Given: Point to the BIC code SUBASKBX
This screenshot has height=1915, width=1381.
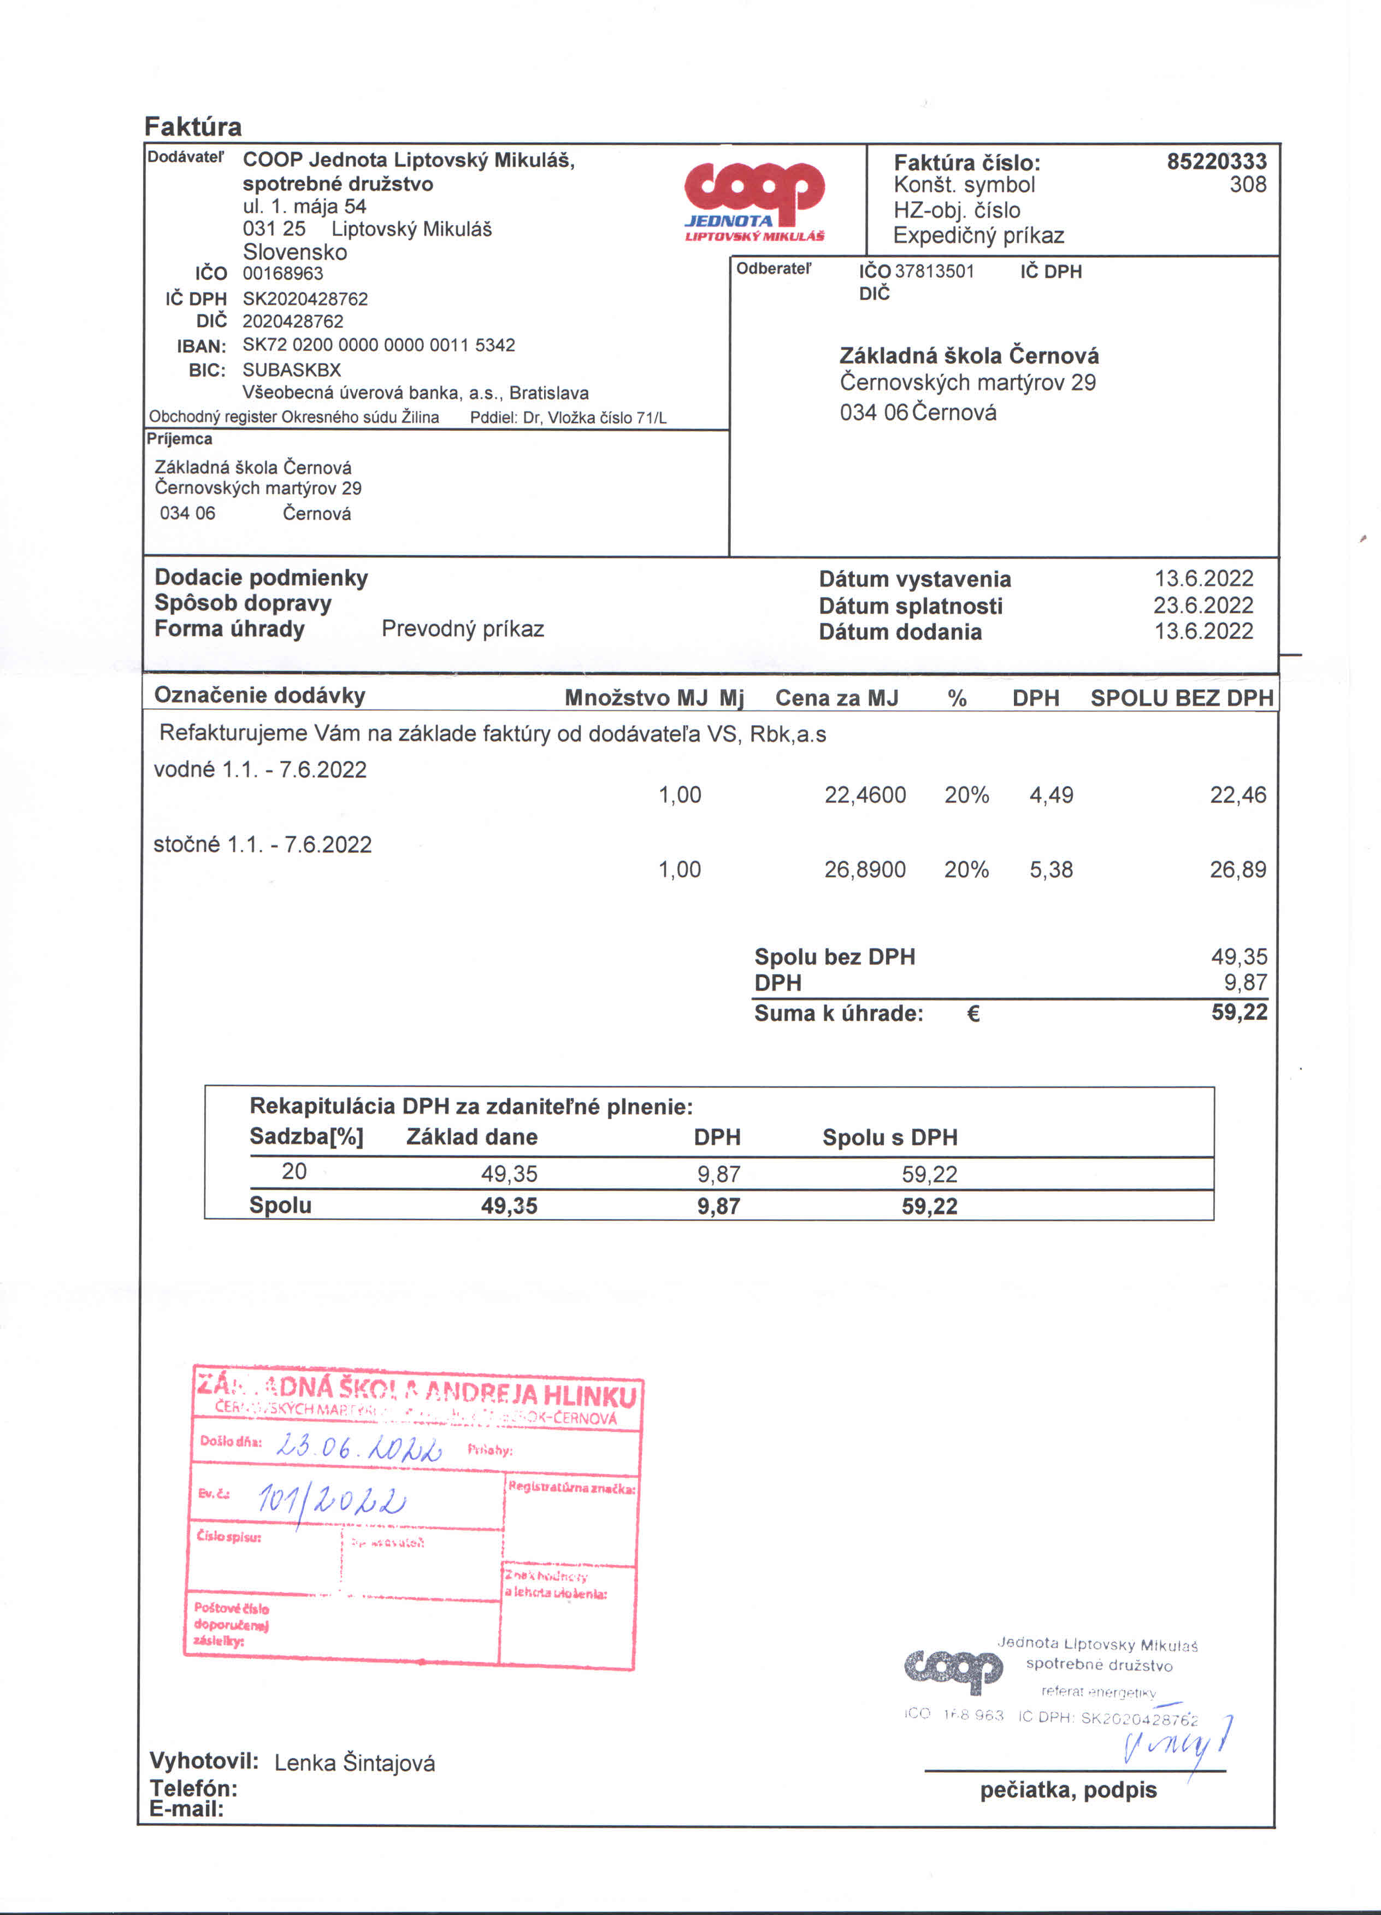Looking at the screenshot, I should pyautogui.click(x=291, y=370).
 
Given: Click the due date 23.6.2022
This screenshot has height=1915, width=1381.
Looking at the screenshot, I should pyautogui.click(x=1203, y=606).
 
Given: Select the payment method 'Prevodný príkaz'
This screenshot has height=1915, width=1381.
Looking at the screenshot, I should pyautogui.click(x=463, y=629).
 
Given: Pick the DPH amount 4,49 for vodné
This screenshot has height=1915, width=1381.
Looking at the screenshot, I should pyautogui.click(x=1051, y=795).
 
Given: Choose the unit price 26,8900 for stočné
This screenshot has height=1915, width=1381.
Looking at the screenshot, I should pyautogui.click(x=864, y=870).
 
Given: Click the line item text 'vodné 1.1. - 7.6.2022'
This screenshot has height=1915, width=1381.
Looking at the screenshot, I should pyautogui.click(x=260, y=770).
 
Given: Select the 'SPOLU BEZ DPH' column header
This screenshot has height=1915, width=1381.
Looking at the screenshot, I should pyautogui.click(x=1181, y=698).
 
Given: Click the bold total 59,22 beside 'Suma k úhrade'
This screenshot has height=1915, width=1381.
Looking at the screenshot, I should pyautogui.click(x=1238, y=1012).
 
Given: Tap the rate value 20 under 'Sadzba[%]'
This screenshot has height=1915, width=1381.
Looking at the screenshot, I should pyautogui.click(x=294, y=1172).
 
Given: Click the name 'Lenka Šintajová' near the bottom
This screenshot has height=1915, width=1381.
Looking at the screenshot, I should pyautogui.click(x=355, y=1763).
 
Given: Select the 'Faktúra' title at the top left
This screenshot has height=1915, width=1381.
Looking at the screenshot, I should pyautogui.click(x=193, y=127).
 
